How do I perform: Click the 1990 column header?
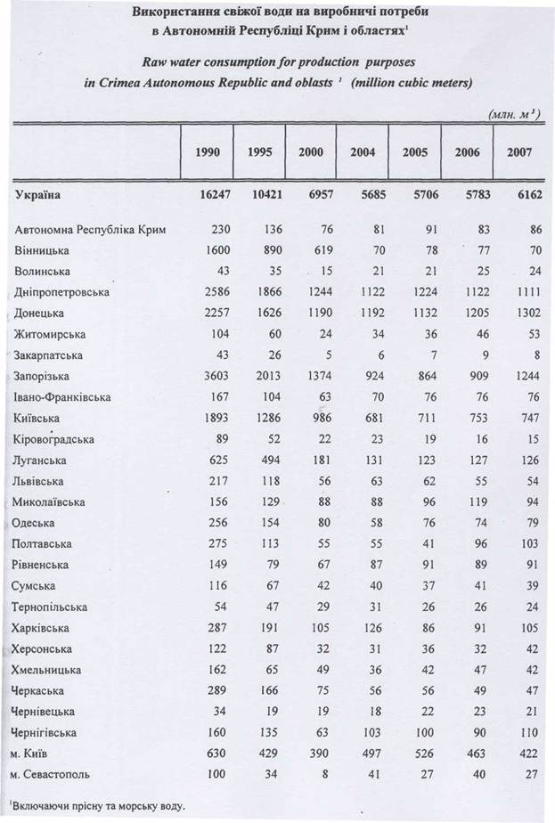pos(213,152)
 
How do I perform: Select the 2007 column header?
pos(519,152)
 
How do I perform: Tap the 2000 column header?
pos(311,152)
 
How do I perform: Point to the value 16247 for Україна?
pos(213,193)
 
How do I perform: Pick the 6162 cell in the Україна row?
pos(523,193)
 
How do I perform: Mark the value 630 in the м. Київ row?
pos(220,754)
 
